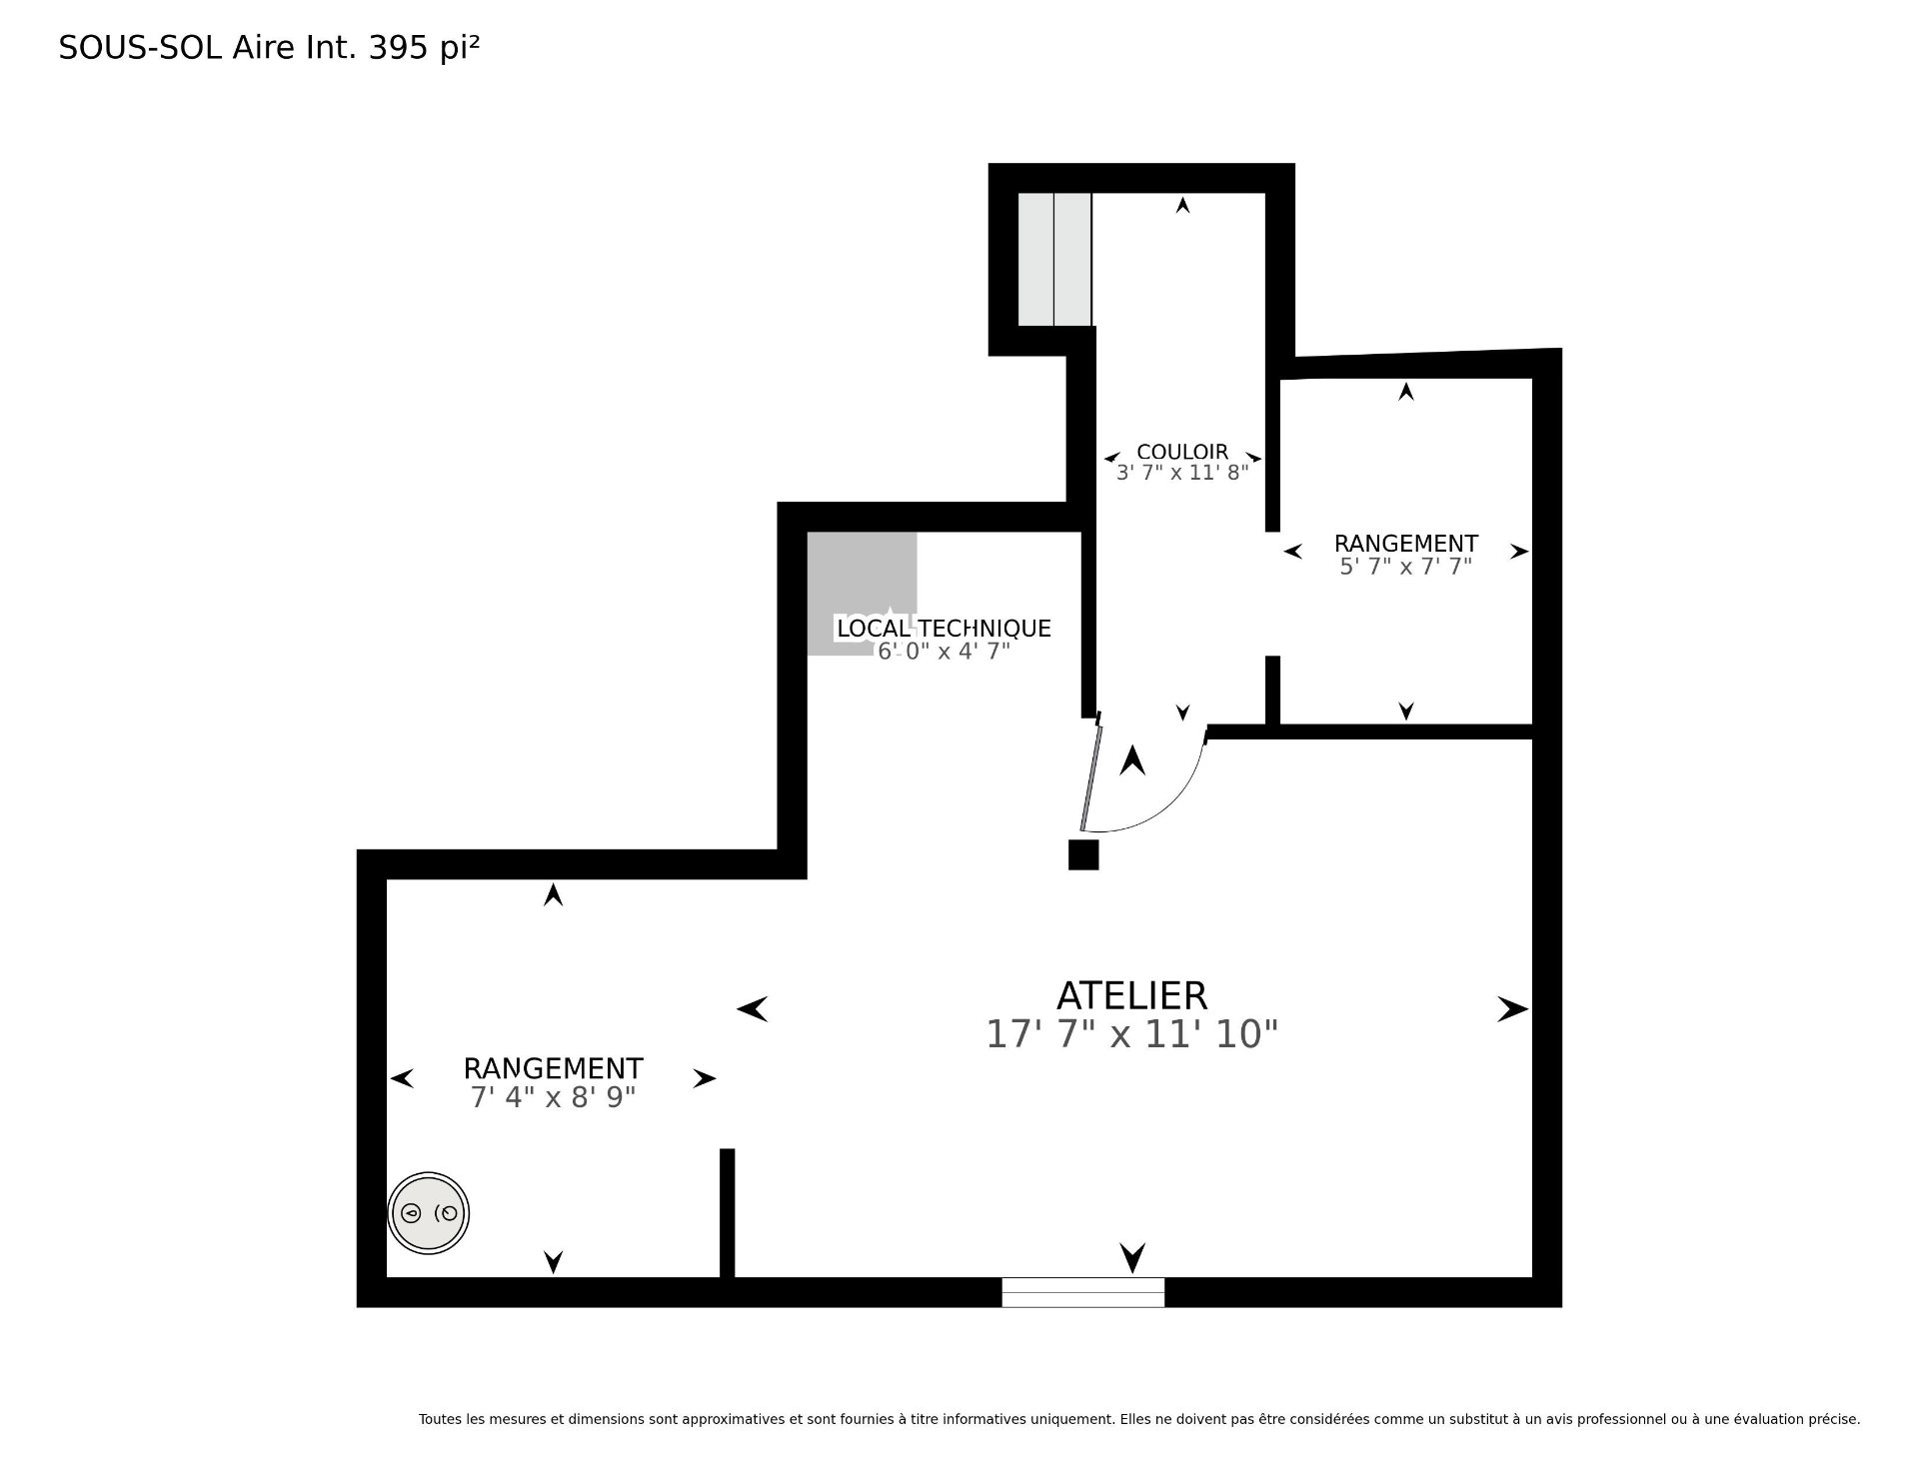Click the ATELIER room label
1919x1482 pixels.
click(1131, 995)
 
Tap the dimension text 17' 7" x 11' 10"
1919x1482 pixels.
click(1131, 1034)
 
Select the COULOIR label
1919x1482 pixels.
click(1182, 452)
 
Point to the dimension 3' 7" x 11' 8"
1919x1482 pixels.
click(1182, 473)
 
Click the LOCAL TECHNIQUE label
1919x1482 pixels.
click(944, 629)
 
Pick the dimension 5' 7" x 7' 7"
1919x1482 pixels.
click(1405, 567)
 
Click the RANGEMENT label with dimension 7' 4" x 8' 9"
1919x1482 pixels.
click(553, 1068)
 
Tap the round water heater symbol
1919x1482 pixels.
click(428, 1213)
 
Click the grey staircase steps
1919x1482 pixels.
click(1054, 259)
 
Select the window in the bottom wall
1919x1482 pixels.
click(1083, 1292)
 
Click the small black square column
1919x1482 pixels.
click(1083, 854)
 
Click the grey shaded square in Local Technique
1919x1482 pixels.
click(862, 594)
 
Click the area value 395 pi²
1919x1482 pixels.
click(424, 48)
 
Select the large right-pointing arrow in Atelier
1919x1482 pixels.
click(1512, 1009)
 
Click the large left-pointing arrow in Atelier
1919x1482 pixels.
click(753, 1009)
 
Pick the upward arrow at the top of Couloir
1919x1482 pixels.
click(1182, 205)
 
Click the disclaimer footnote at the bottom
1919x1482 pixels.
click(1139, 1418)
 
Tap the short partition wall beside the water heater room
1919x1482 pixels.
click(728, 1213)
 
